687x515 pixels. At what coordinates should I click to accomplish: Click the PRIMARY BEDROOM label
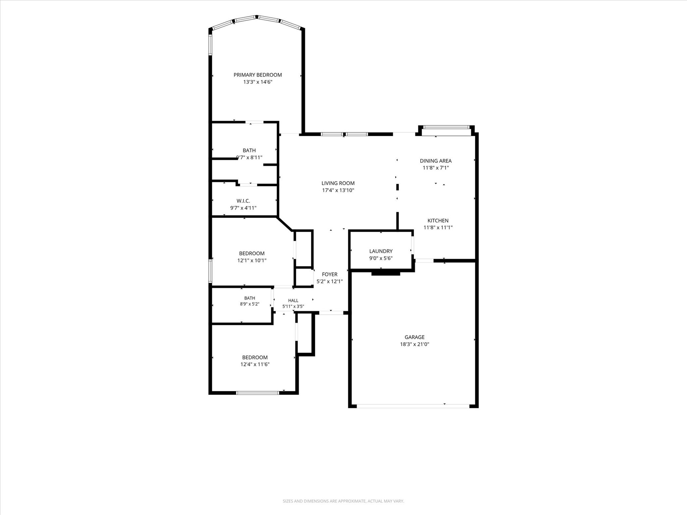pyautogui.click(x=258, y=75)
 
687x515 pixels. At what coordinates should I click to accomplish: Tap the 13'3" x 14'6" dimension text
pyautogui.click(x=258, y=82)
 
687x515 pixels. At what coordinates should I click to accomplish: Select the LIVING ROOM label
pyautogui.click(x=338, y=183)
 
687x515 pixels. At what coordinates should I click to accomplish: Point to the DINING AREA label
pyautogui.click(x=436, y=161)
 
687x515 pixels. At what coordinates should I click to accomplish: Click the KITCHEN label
pyautogui.click(x=438, y=221)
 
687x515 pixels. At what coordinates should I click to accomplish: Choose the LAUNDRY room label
pyautogui.click(x=381, y=251)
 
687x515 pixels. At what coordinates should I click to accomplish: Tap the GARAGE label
pyautogui.click(x=415, y=337)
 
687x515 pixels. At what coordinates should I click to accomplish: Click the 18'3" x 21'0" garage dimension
pyautogui.click(x=415, y=344)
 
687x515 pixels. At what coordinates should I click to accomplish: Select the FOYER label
pyautogui.click(x=329, y=274)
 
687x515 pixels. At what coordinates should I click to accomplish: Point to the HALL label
pyautogui.click(x=293, y=300)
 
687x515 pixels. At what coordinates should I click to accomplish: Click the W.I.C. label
pyautogui.click(x=243, y=201)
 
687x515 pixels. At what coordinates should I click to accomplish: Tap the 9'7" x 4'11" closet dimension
pyautogui.click(x=243, y=208)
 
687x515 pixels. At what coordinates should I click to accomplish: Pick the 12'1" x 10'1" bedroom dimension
pyautogui.click(x=252, y=260)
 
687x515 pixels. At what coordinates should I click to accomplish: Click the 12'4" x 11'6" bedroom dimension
pyautogui.click(x=255, y=364)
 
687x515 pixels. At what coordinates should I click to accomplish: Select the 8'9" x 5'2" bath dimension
pyautogui.click(x=250, y=304)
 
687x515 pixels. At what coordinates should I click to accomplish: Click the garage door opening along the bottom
pyautogui.click(x=413, y=406)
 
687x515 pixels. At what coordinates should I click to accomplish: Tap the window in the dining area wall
pyautogui.click(x=446, y=127)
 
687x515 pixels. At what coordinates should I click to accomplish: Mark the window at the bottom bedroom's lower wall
pyautogui.click(x=258, y=393)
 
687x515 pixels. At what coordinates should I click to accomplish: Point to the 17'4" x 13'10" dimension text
pyautogui.click(x=338, y=190)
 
